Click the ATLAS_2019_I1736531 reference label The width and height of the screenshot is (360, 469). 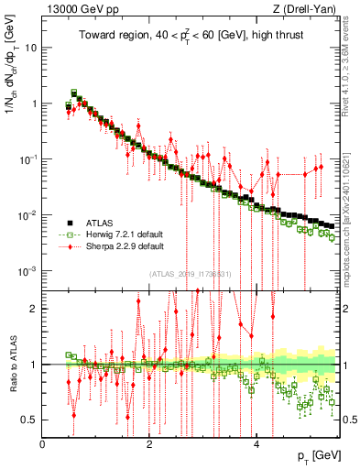196,273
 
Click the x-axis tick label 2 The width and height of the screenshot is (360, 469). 149,444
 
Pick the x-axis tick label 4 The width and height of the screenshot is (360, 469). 256,444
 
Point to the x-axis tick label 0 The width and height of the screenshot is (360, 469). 43,444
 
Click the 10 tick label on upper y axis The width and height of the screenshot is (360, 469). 30,46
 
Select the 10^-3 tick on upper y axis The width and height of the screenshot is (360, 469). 27,271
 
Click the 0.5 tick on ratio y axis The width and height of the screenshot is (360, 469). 29,420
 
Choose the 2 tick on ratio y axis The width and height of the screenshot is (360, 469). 35,309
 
